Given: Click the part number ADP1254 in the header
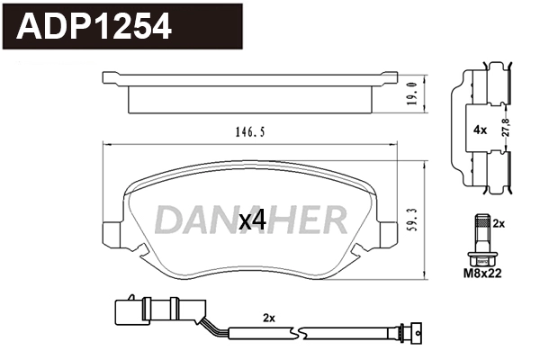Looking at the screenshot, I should pos(95,27).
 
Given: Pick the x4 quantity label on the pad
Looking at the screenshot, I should pos(251,220).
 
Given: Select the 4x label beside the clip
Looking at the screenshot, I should pos(480,130).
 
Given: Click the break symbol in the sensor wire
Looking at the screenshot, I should pos(301,337).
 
